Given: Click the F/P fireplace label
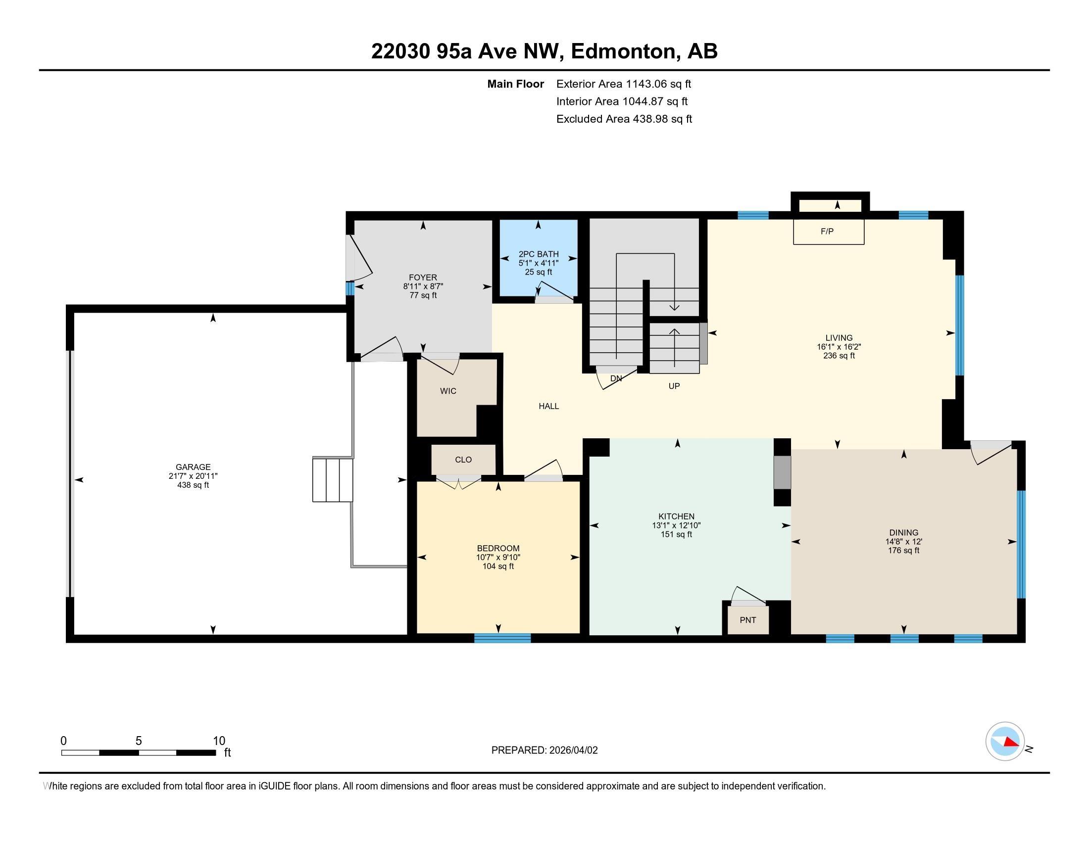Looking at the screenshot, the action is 827,231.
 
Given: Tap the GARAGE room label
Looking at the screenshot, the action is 193,467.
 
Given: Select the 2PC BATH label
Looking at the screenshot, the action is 539,254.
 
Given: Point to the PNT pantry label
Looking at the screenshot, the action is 748,620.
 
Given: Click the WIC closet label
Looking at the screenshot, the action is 448,391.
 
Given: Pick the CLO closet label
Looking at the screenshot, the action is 463,460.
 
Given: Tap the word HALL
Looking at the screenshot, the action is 548,406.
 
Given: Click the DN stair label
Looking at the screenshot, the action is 616,378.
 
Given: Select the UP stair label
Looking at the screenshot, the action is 674,386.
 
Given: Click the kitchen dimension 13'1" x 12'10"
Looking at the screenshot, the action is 677,525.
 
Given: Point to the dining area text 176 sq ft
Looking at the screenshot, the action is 903,551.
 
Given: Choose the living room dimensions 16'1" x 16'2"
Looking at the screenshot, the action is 839,347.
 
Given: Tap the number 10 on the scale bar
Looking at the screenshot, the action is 219,741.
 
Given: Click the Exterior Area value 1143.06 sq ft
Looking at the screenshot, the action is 659,84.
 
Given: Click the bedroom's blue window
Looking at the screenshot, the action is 502,638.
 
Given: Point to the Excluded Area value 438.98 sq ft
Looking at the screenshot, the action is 662,119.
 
